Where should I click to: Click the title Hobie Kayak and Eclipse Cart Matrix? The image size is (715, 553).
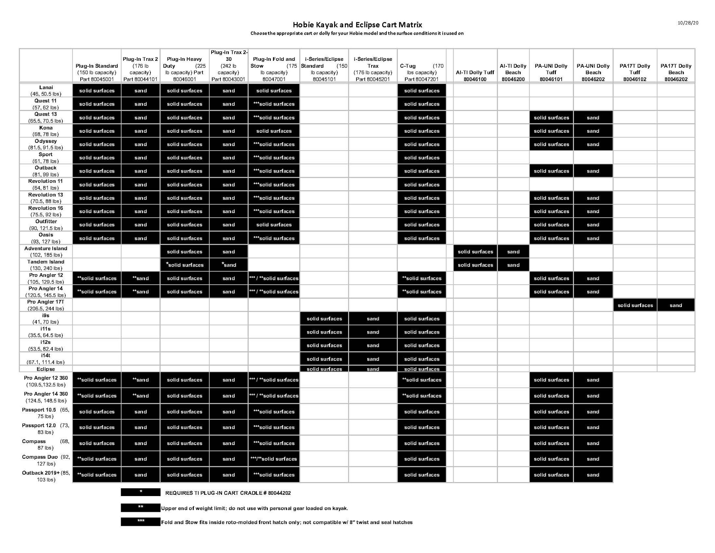tap(357, 25)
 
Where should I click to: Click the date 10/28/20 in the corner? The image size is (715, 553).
tap(688, 23)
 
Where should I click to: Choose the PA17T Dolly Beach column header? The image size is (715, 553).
tap(676, 72)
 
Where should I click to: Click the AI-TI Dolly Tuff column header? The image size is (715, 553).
tap(475, 76)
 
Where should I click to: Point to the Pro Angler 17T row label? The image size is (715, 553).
tap(46, 305)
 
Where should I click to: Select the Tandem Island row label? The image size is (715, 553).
tap(46, 265)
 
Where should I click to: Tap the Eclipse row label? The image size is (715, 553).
tap(46, 369)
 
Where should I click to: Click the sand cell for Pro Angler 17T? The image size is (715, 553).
tap(676, 305)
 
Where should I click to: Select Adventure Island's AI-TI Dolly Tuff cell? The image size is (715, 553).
tap(475, 252)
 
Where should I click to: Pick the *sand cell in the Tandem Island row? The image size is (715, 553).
tap(229, 265)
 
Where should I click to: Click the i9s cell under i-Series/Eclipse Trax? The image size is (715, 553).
tap(373, 319)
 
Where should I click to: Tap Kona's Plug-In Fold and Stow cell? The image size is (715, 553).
tap(274, 131)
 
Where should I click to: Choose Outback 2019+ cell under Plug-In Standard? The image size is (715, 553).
tap(97, 475)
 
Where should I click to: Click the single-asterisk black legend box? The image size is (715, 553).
tap(140, 492)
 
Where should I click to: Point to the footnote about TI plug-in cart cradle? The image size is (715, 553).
tap(228, 493)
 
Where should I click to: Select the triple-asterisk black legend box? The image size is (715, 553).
tap(140, 522)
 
